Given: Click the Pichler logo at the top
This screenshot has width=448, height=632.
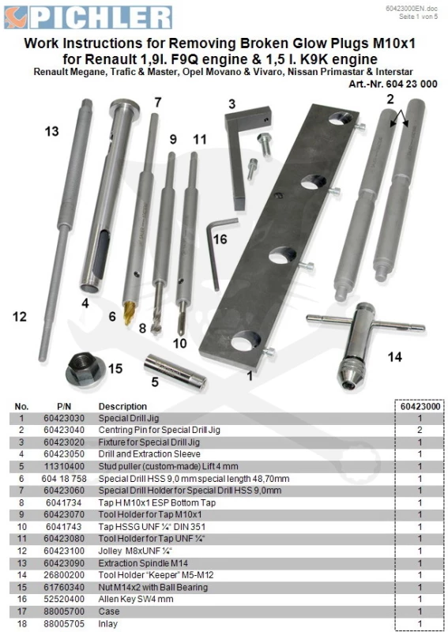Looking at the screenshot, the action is pyautogui.click(x=88, y=17).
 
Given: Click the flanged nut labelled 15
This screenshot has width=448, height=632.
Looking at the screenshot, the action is pyautogui.click(x=85, y=368).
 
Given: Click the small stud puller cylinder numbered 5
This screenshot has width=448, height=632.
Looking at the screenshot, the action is pyautogui.click(x=175, y=371).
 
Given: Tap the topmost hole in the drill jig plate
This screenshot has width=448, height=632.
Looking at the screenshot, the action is pyautogui.click(x=341, y=118).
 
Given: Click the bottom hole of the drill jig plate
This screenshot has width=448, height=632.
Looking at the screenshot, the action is pyautogui.click(x=246, y=341).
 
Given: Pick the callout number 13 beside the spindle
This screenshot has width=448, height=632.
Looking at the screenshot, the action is pyautogui.click(x=51, y=131).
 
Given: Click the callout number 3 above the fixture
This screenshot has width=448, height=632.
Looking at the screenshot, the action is pyautogui.click(x=232, y=104).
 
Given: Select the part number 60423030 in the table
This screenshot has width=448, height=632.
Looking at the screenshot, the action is pyautogui.click(x=64, y=419).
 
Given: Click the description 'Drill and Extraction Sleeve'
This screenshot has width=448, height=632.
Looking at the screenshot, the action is pyautogui.click(x=149, y=454).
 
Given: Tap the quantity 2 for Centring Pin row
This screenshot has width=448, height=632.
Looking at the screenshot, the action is pyautogui.click(x=420, y=430).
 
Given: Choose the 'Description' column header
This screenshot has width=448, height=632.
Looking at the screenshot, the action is pyautogui.click(x=122, y=406).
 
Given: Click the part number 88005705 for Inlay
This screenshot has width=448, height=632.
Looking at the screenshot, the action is pyautogui.click(x=64, y=623).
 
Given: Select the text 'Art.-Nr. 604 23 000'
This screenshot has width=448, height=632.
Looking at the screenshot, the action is pyautogui.click(x=393, y=85).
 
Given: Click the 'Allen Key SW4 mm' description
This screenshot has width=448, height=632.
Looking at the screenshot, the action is pyautogui.click(x=136, y=600).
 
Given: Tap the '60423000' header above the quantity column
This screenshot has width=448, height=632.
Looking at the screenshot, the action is pyautogui.click(x=420, y=406).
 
